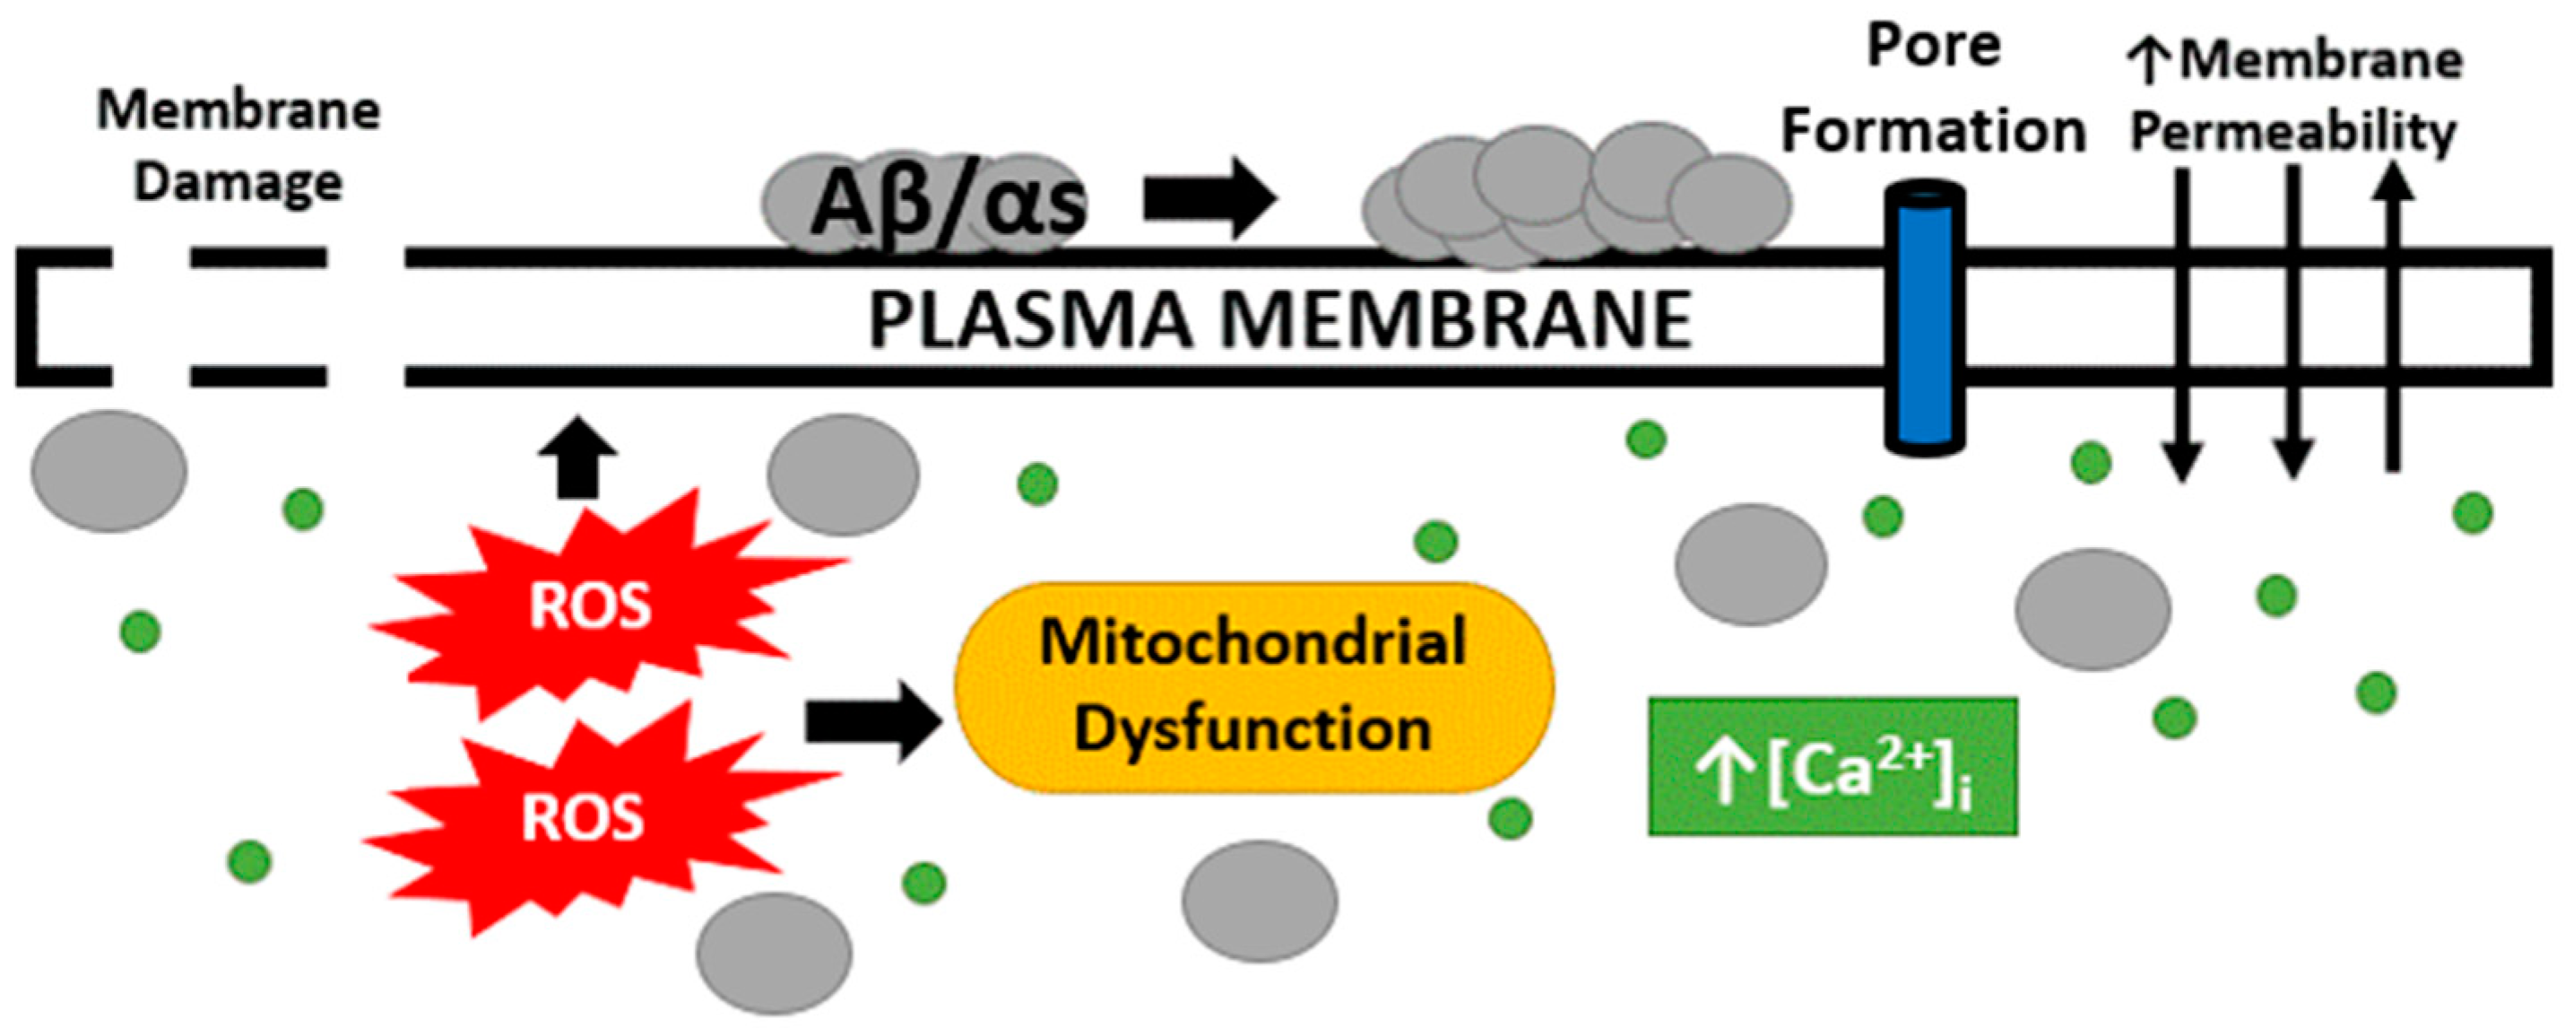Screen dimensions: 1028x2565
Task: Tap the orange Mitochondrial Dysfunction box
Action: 1252,687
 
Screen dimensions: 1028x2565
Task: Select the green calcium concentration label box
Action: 1833,767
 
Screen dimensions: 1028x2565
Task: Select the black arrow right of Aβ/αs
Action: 1208,198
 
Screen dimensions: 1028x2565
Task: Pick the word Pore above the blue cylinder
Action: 1933,47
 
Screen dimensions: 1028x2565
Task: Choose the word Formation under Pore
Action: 1933,133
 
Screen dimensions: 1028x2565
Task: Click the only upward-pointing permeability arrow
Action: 2394,318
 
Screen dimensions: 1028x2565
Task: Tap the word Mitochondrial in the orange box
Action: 1252,642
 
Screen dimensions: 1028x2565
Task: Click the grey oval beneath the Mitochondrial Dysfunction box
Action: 1260,902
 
